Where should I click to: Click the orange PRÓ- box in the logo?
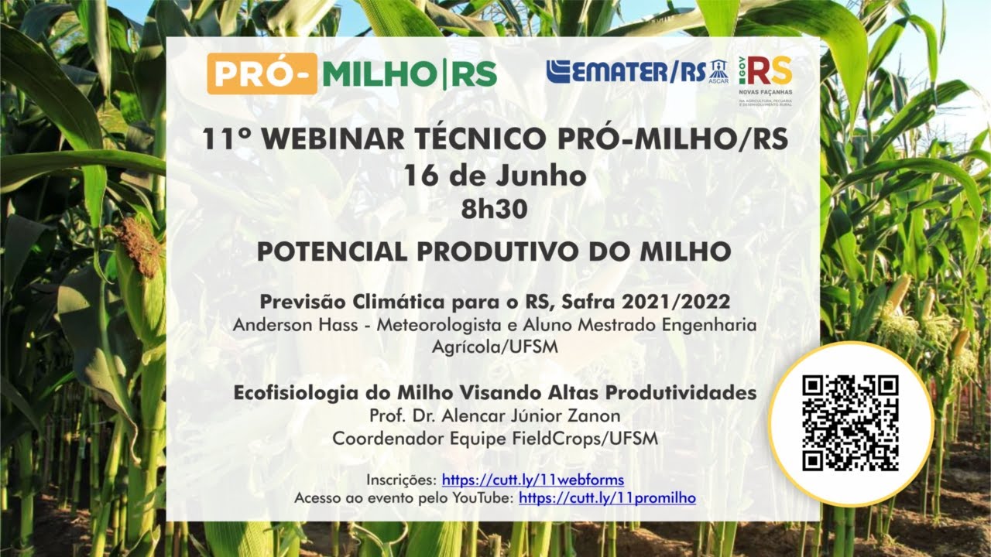click(262, 73)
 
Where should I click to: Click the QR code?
click(850, 423)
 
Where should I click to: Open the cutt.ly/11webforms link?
click(532, 480)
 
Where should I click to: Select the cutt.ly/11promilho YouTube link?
click(607, 498)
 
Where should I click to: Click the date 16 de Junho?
click(495, 176)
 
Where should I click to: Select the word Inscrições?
click(400, 480)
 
